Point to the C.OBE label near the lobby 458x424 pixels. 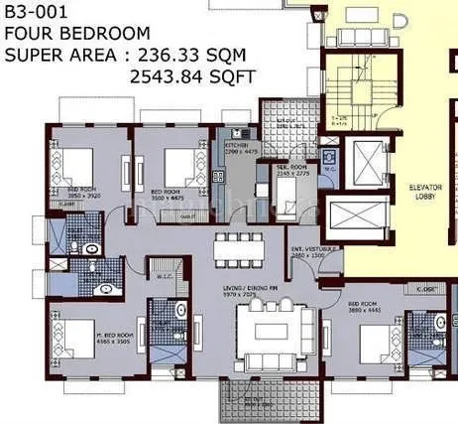(428, 289)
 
